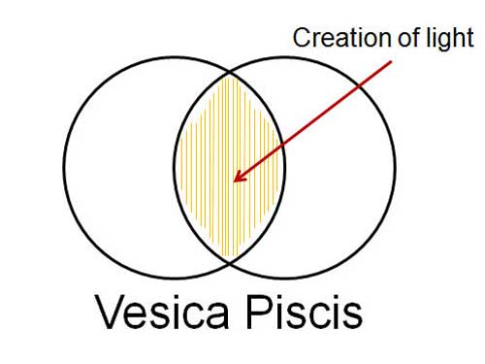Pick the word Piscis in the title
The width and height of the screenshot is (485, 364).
click(312, 314)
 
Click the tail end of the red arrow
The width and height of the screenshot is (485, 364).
click(394, 63)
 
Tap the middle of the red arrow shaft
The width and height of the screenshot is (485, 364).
click(313, 122)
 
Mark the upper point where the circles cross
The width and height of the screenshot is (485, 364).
click(230, 70)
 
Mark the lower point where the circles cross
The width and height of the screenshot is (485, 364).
click(230, 261)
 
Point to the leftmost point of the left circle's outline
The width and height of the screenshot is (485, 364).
click(65, 164)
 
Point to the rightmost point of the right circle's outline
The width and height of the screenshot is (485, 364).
click(396, 164)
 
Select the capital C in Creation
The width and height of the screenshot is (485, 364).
click(301, 39)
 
